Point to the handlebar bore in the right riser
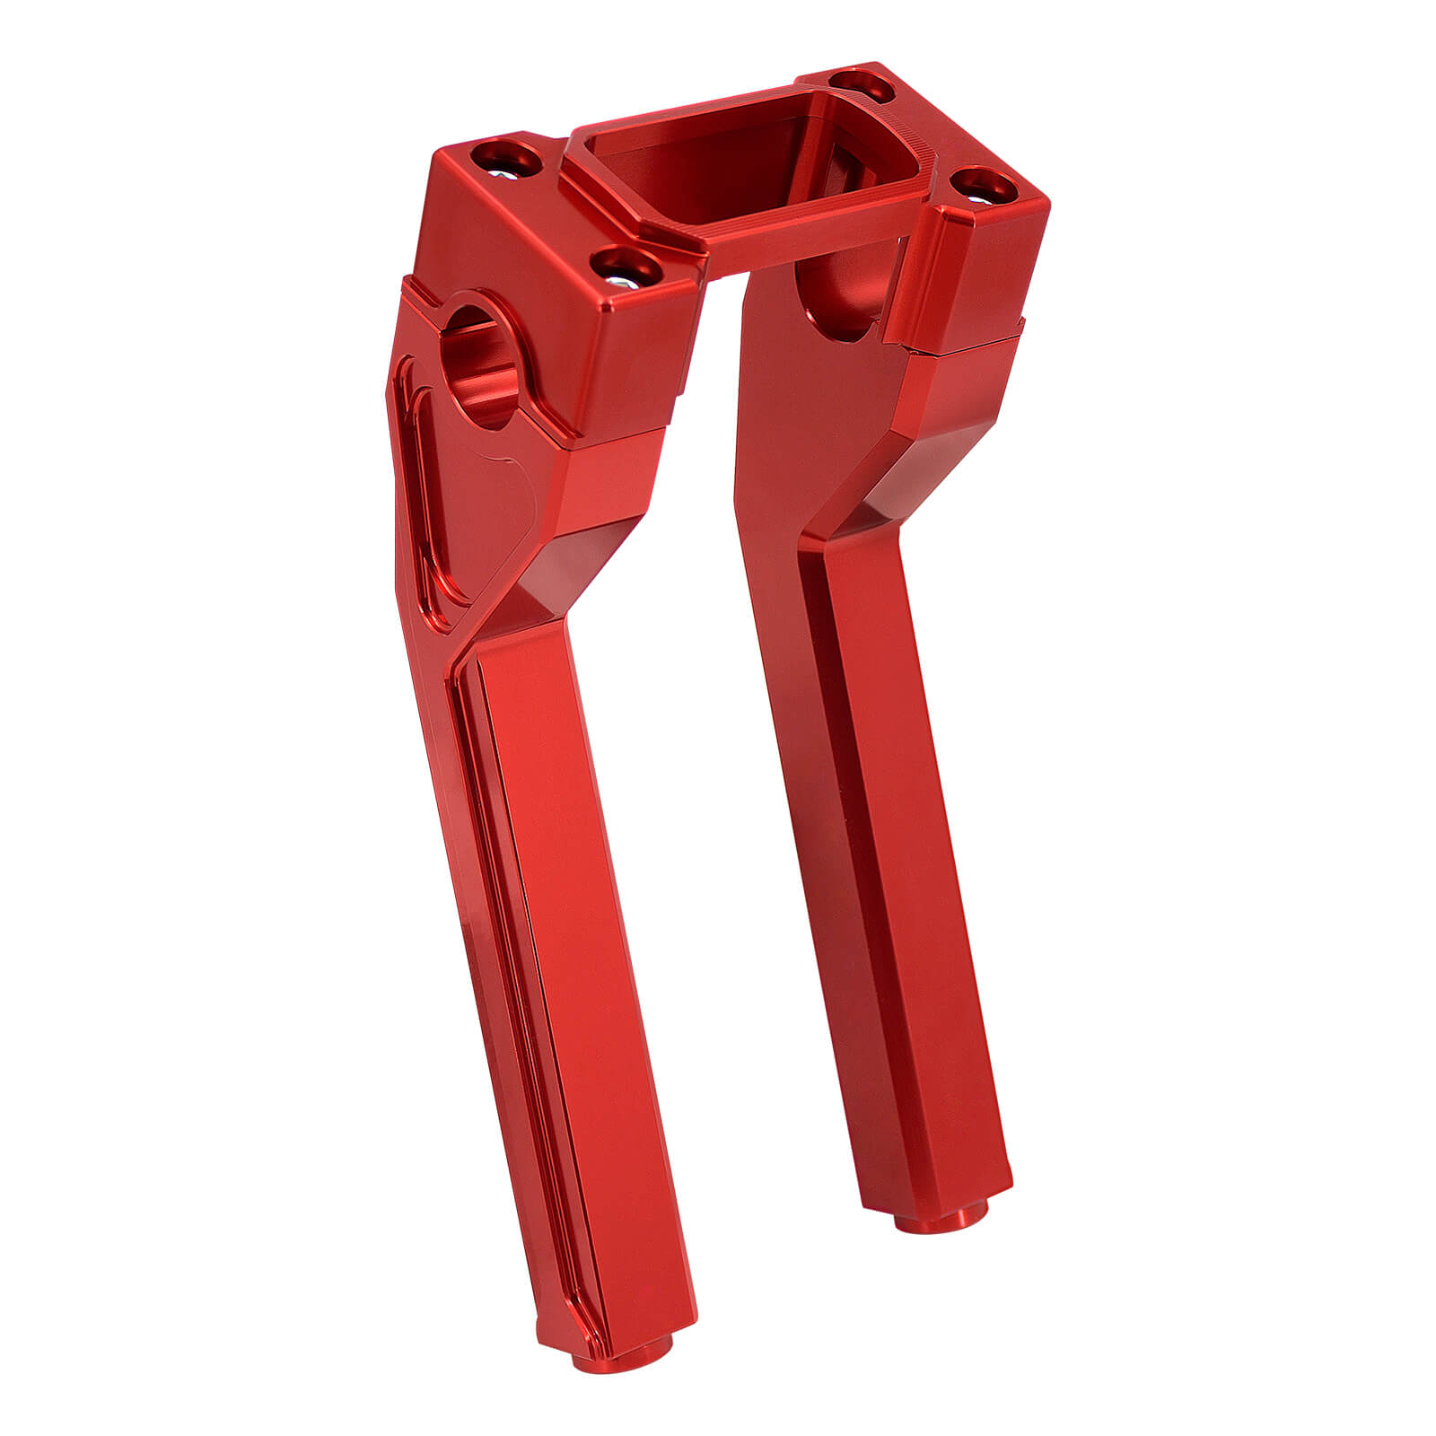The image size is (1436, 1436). pyautogui.click(x=839, y=296)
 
